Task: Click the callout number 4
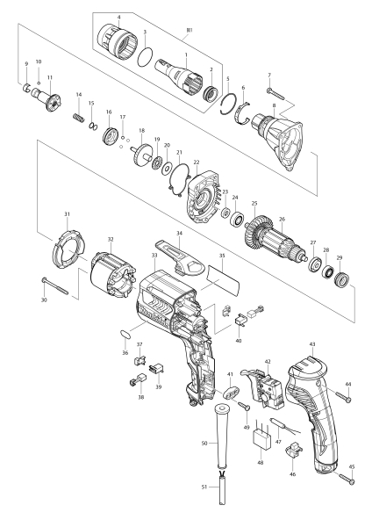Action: pos(119,17)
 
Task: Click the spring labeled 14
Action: pos(77,119)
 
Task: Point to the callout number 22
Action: pos(197,162)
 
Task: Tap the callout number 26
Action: pos(282,219)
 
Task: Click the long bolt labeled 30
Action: pos(55,286)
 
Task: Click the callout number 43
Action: pos(312,344)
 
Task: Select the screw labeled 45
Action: pos(347,479)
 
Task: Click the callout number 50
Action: pos(204,444)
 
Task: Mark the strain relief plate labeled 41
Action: pos(231,393)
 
